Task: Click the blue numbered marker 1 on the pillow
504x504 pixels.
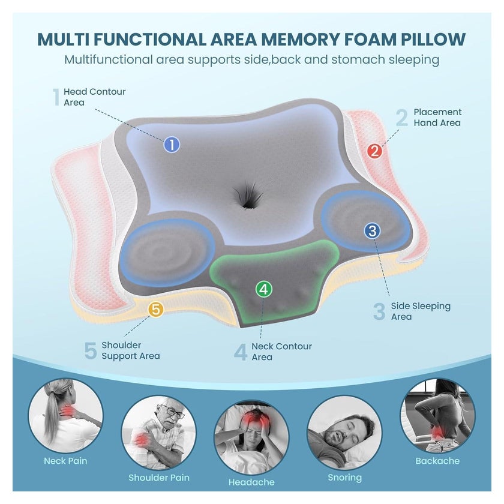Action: [x=172, y=145]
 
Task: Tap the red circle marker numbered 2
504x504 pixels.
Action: [x=374, y=151]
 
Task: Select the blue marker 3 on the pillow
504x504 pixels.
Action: [x=372, y=231]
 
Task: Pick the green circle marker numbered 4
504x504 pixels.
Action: [x=264, y=289]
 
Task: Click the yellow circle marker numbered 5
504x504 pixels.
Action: [x=156, y=309]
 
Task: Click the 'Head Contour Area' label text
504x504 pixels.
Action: [x=95, y=97]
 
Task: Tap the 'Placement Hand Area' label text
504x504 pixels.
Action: [x=437, y=118]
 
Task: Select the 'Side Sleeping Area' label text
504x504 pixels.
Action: [x=421, y=311]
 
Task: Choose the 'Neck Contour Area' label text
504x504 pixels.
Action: [x=281, y=352]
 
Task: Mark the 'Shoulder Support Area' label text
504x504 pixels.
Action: [x=131, y=350]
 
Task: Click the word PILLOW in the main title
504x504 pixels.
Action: [x=433, y=39]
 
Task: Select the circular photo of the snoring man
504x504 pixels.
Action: [x=344, y=433]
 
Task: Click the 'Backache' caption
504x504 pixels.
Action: [x=437, y=461]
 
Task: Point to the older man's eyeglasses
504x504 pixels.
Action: [x=173, y=412]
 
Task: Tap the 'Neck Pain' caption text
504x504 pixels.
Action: [x=65, y=461]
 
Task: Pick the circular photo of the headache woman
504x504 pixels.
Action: [x=251, y=437]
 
